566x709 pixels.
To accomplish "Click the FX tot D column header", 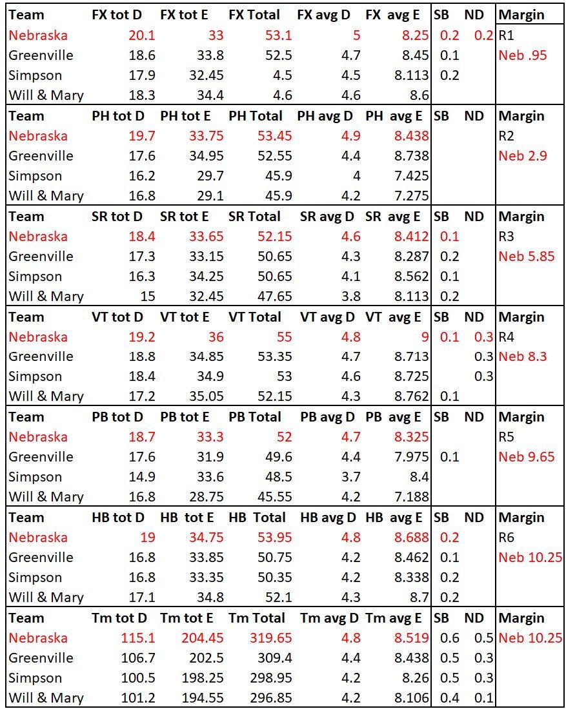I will (x=117, y=15).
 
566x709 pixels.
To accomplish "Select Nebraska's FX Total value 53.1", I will (x=274, y=35).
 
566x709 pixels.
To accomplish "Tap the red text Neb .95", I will (x=522, y=55).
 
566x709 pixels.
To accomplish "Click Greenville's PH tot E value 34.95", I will (x=205, y=156).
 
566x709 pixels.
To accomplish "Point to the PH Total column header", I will (x=255, y=116).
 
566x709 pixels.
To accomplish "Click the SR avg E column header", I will (x=394, y=217).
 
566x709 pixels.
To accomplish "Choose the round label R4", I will (x=507, y=336).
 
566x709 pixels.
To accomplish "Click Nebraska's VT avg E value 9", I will (x=424, y=336).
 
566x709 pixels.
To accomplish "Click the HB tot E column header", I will (x=187, y=518).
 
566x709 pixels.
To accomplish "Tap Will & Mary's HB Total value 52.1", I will (x=278, y=597).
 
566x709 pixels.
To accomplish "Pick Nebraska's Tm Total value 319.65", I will (x=270, y=638).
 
